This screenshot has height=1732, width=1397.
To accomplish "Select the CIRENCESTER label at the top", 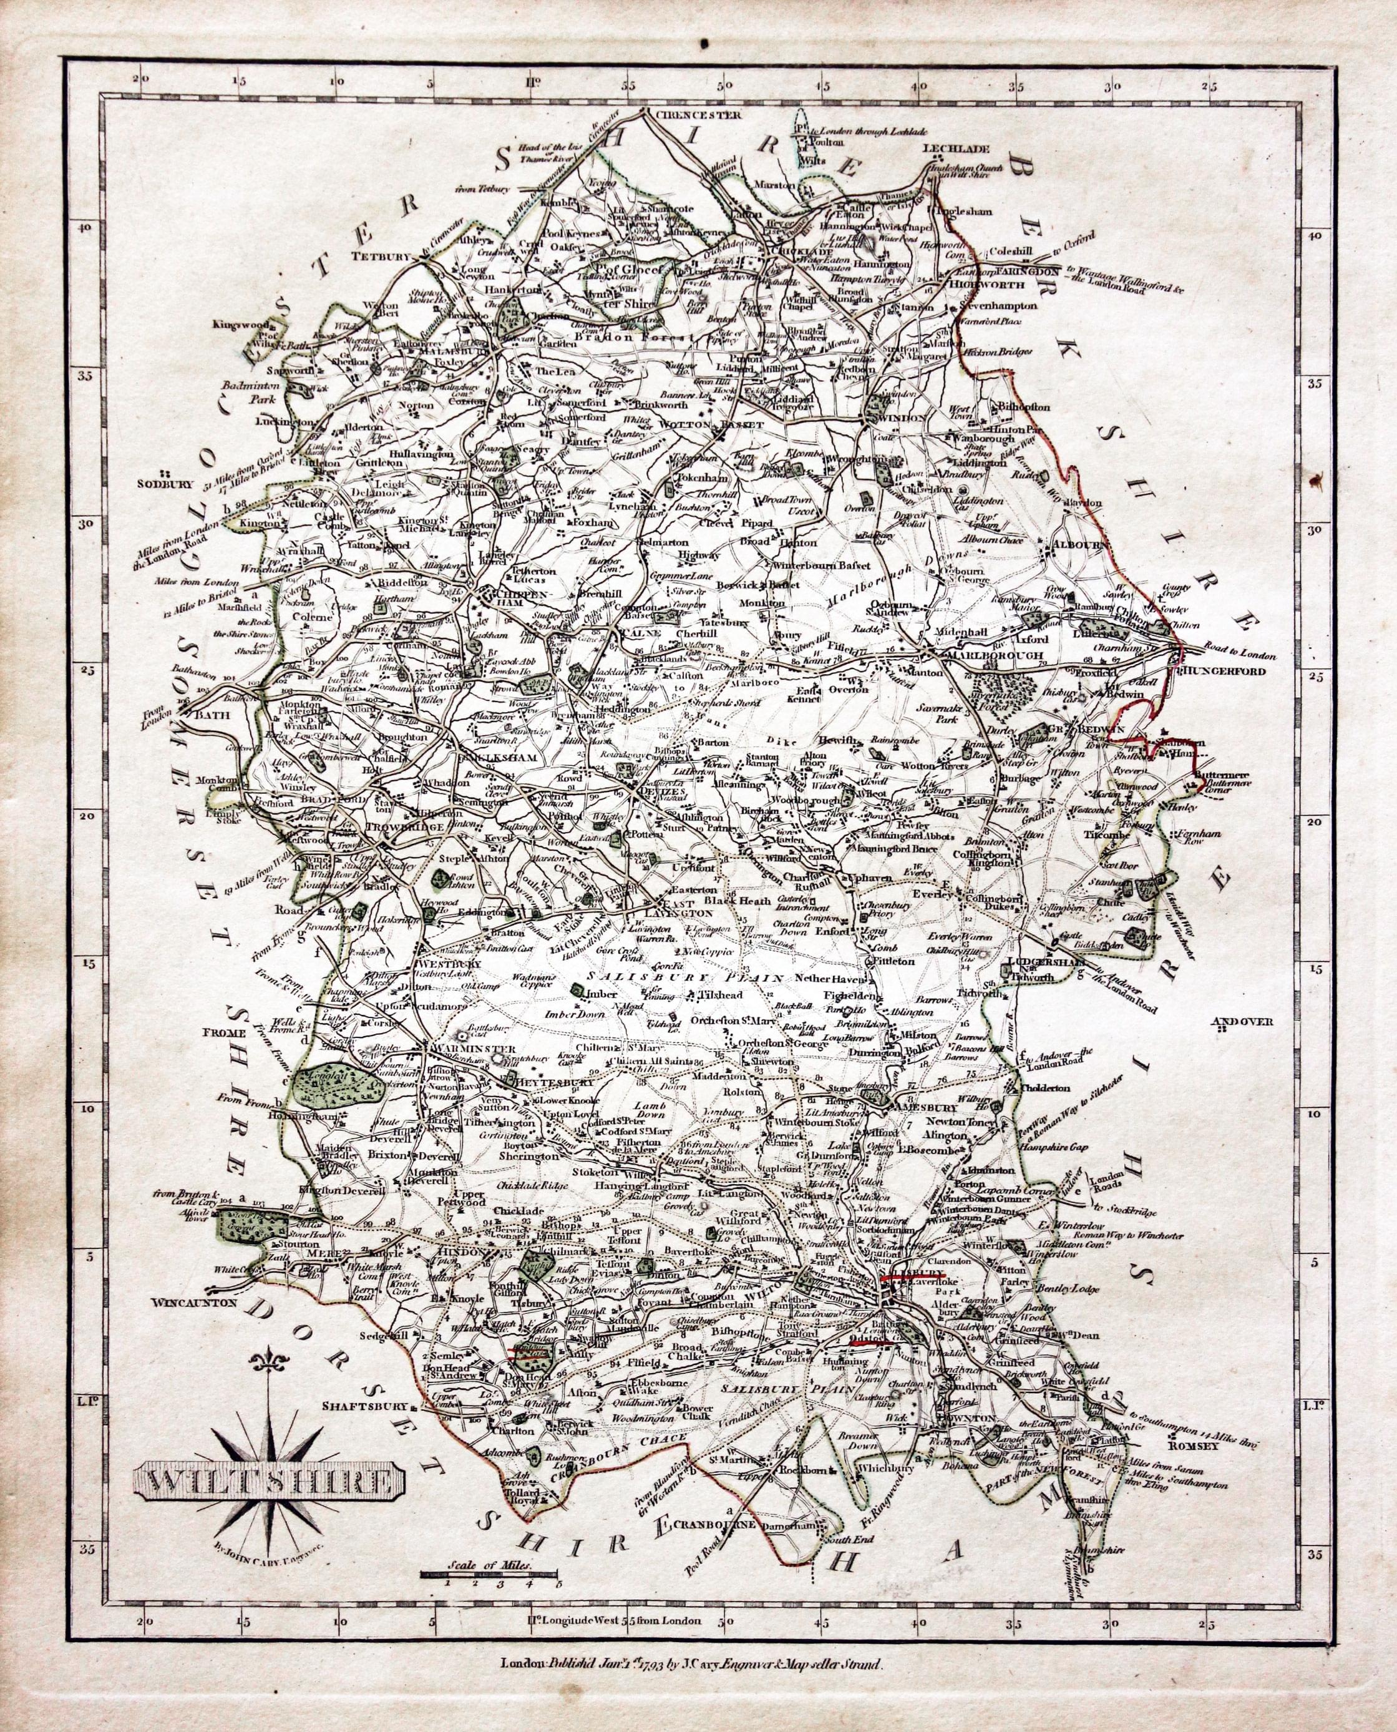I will coord(697,114).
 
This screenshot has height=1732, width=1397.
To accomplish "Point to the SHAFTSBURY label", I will coord(360,1429).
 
